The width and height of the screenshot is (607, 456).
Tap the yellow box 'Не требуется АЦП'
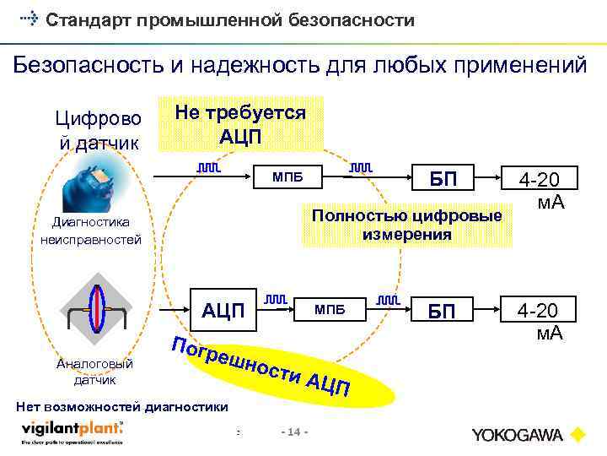[239, 124]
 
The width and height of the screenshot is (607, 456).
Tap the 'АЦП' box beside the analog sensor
[223, 311]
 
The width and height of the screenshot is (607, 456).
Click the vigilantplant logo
[72, 432]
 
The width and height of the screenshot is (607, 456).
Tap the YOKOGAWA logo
[528, 435]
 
